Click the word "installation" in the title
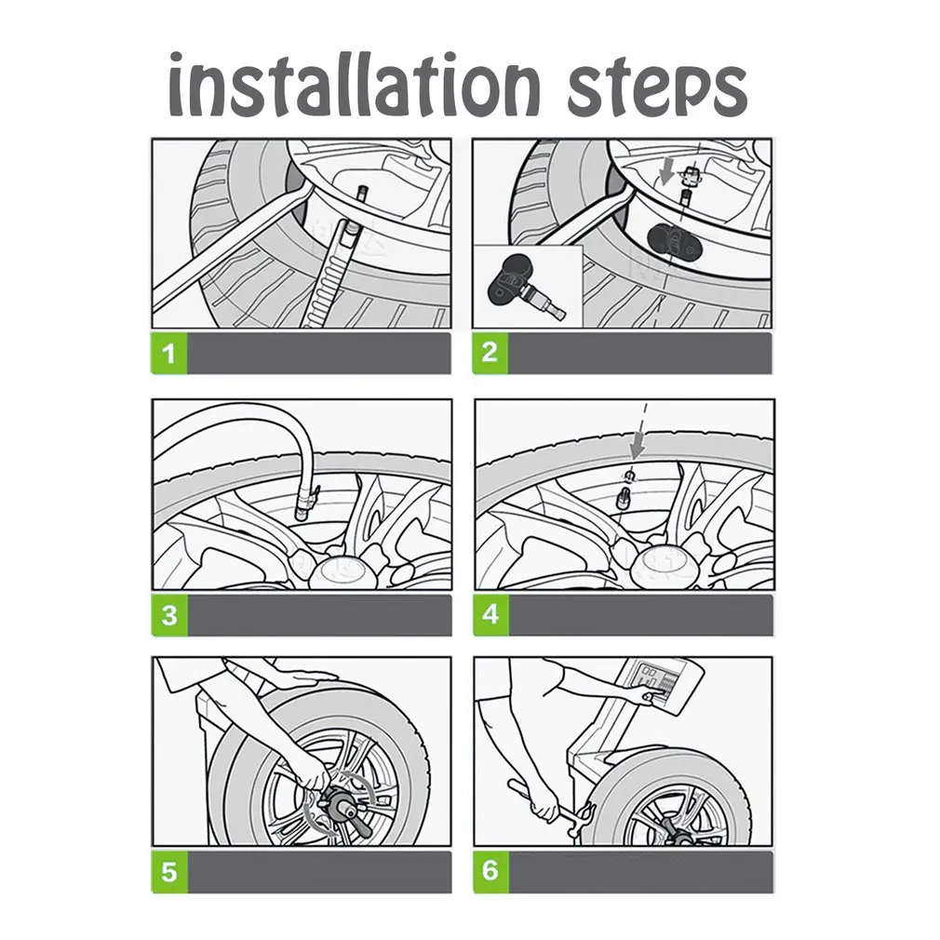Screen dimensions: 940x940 point(354,84)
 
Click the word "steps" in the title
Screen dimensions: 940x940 point(657,88)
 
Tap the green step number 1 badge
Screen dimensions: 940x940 point(169,354)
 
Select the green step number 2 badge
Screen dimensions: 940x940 point(490,353)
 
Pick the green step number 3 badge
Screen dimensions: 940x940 point(169,615)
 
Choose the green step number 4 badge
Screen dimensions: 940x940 point(490,614)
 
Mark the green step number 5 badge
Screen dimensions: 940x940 point(169,872)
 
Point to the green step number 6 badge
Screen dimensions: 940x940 point(490,870)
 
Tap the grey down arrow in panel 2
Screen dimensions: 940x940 point(666,173)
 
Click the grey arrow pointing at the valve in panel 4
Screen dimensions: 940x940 point(637,448)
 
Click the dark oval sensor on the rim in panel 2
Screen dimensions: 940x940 point(675,243)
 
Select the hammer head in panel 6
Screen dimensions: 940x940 point(585,820)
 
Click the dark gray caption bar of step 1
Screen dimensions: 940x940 point(319,354)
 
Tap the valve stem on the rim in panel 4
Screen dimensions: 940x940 point(624,498)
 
